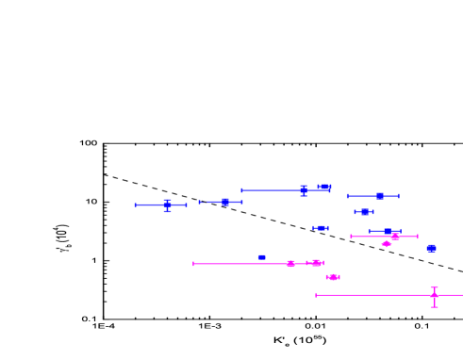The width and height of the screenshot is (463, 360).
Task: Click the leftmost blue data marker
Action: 167,205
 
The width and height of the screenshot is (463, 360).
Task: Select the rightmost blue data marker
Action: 431,248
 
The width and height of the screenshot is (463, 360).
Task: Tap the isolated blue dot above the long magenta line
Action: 261,256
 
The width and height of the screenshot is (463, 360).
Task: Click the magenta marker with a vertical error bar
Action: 434,295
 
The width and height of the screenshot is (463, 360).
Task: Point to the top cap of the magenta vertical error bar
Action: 434,286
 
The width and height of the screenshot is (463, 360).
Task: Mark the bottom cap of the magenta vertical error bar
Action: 434,307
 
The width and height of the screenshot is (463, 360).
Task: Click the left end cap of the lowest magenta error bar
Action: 316,295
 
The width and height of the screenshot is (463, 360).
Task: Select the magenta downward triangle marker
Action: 290,264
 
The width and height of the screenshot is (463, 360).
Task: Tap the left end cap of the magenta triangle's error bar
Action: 193,264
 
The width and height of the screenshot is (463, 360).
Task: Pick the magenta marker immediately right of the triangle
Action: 316,263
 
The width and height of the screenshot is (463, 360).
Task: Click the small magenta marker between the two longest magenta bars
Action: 333,277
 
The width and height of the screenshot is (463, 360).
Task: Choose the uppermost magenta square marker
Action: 395,237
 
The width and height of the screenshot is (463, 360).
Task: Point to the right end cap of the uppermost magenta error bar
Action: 417,237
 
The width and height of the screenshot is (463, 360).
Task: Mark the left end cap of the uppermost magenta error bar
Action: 351,237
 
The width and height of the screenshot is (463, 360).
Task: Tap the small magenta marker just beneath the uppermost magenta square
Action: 386,244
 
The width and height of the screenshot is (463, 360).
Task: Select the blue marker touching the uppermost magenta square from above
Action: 388,231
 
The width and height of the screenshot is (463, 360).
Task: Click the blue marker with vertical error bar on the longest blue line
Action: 304,190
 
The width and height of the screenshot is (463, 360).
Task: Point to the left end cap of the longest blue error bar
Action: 241,190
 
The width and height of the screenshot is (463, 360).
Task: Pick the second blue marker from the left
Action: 225,202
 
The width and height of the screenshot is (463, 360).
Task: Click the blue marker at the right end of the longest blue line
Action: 323,188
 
